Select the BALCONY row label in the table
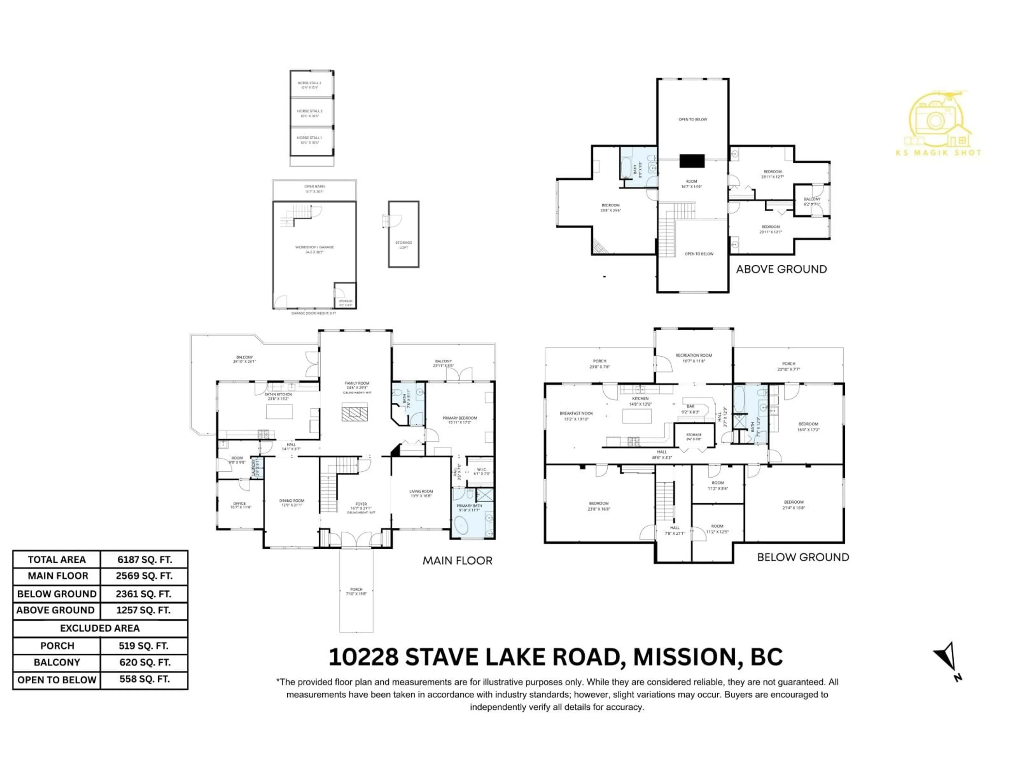click(x=57, y=662)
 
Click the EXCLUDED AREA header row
click(x=100, y=628)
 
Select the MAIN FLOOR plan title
click(x=458, y=561)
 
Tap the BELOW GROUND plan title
click(x=803, y=557)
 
